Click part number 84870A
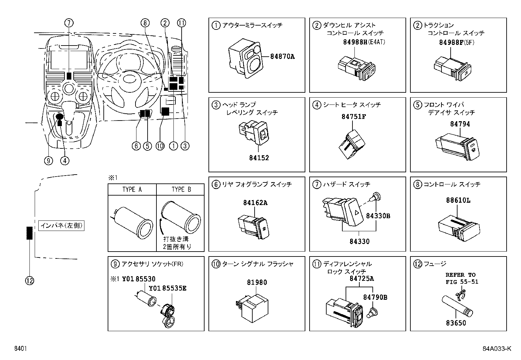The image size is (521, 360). click(x=282, y=57)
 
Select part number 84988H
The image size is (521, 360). click(x=356, y=42)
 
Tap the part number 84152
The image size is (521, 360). click(x=259, y=158)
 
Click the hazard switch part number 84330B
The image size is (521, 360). click(x=378, y=216)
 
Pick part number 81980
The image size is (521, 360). click(x=257, y=282)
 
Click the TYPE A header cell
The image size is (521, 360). click(x=132, y=190)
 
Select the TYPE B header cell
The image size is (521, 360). click(x=181, y=190)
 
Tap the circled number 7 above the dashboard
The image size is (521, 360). click(x=69, y=23)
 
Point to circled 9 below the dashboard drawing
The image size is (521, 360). click(x=49, y=161)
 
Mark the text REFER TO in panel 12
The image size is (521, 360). click(x=460, y=275)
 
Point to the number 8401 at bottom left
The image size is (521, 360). click(x=20, y=349)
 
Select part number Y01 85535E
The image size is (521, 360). click(x=167, y=288)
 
